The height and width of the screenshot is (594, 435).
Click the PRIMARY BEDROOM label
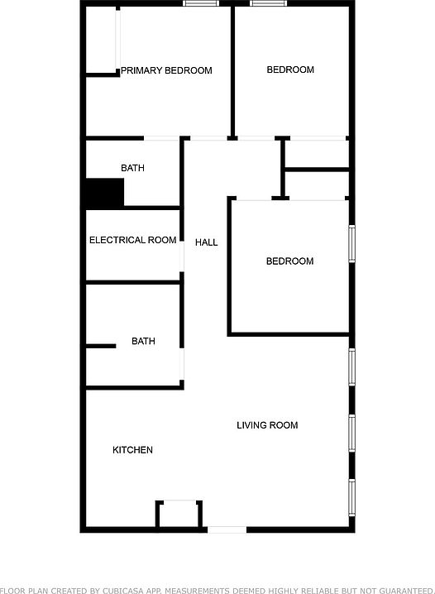[x=166, y=70]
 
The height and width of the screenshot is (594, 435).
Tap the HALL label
[x=206, y=242]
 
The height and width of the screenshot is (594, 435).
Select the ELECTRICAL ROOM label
[x=133, y=240]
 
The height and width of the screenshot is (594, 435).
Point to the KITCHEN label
[x=132, y=450]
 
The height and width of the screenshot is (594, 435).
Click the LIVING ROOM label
[x=267, y=425]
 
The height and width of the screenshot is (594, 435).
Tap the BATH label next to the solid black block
[x=132, y=168]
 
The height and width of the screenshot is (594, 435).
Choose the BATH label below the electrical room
[x=143, y=341]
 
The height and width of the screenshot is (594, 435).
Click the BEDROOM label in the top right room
[x=290, y=69]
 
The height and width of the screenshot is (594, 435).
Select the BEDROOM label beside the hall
[x=290, y=261]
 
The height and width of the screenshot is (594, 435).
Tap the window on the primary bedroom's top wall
[x=201, y=3]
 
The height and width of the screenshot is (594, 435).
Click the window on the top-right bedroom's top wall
[x=268, y=3]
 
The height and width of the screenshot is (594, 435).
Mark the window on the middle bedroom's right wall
[x=351, y=243]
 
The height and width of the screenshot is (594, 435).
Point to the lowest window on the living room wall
[x=351, y=497]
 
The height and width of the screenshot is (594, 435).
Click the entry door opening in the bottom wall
[x=227, y=529]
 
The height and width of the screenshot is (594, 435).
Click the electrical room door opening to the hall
[x=182, y=256]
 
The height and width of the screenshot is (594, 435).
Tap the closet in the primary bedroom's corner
[x=102, y=41]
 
